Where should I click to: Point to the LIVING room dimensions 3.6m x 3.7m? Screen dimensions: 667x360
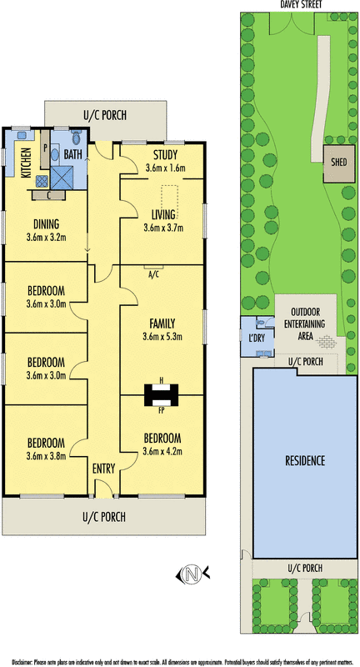(163, 227)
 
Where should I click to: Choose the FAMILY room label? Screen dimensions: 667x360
(163, 323)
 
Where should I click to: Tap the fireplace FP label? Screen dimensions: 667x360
(162, 411)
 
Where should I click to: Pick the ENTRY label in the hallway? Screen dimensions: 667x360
(104, 469)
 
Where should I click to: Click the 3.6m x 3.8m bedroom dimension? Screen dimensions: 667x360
(46, 454)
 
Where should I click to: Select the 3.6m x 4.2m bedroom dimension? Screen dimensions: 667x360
(163, 451)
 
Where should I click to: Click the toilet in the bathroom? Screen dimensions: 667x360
(76, 137)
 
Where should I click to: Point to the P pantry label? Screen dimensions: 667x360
(46, 146)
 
